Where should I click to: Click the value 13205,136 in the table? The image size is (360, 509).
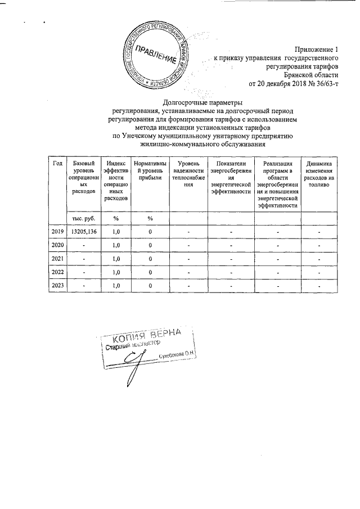coord(83,232)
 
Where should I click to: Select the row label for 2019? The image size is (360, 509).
coord(57,232)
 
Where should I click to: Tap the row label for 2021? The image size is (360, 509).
coord(57,259)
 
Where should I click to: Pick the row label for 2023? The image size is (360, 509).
coord(57,286)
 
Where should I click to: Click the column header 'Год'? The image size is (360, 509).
coord(57,163)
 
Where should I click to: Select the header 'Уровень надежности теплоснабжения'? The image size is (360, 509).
coord(188,174)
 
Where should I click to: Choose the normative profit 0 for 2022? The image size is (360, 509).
coord(150,272)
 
